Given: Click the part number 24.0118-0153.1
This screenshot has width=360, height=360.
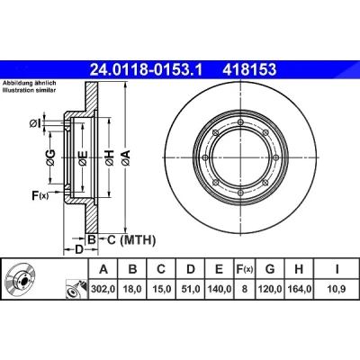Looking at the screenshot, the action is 147,70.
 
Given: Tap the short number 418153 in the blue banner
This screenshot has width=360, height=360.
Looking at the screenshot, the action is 249,70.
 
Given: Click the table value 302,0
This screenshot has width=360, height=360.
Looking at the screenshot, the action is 103,289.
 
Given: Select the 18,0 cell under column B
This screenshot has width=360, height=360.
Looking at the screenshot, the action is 132,289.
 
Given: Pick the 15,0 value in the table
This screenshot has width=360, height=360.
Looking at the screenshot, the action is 161,289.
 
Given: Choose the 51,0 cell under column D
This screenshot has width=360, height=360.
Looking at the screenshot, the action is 190,289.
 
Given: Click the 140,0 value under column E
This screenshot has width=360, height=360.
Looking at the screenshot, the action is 219,289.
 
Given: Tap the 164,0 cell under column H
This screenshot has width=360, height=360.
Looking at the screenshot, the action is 299,289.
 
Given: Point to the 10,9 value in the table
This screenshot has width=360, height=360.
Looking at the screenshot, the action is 337,289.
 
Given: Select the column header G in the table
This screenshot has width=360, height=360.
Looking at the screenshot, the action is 270,269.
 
